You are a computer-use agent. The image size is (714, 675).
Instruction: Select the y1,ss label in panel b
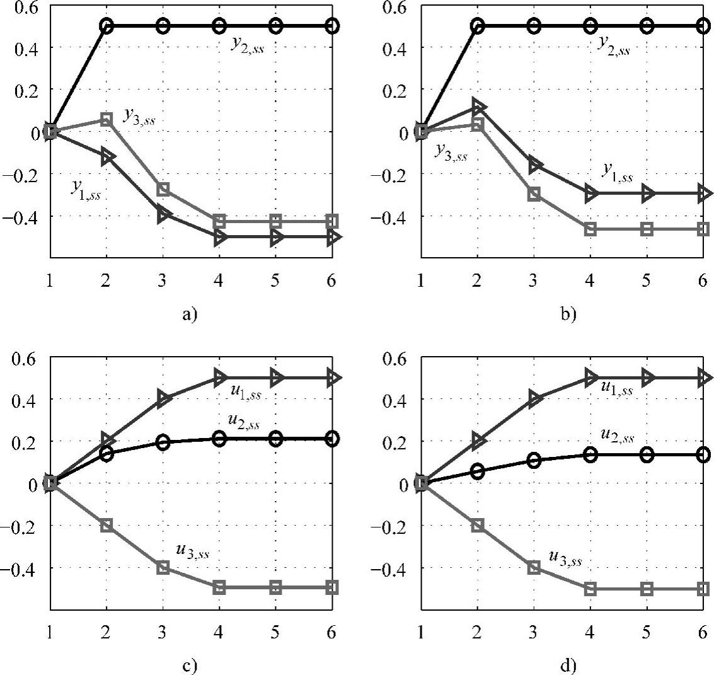tap(617, 170)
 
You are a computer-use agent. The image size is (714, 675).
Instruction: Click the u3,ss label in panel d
tap(565, 557)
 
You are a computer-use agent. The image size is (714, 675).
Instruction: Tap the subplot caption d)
tap(561, 665)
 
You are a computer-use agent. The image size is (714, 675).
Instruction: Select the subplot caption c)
tap(190, 665)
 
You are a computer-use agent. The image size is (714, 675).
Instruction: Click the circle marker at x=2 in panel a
tap(107, 26)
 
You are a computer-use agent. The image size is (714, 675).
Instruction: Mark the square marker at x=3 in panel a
tap(163, 189)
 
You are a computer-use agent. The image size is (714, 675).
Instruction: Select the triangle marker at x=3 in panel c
tap(163, 398)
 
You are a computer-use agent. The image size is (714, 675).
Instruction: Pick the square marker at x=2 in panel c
tap(107, 525)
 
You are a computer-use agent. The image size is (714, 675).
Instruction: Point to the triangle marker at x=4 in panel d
tap(590, 378)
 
